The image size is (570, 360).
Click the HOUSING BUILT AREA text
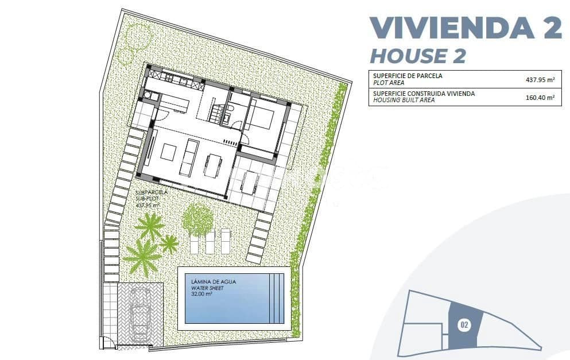tap(404, 100)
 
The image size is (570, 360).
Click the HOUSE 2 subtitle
tap(417, 56)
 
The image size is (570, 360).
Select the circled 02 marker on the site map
tap(464, 326)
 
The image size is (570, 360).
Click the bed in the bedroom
tap(261, 119)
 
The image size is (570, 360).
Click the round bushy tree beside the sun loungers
tap(198, 219)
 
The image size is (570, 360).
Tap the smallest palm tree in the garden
tap(168, 244)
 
